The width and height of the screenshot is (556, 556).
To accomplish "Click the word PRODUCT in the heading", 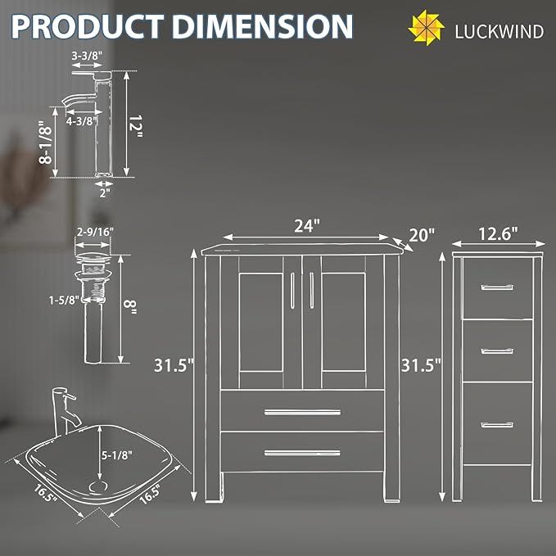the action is click(x=88, y=26).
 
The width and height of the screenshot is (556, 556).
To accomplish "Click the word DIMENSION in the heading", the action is click(x=262, y=26).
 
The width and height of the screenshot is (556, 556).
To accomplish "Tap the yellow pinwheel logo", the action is click(x=427, y=28).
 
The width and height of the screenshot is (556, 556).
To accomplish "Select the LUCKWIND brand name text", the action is click(x=499, y=32).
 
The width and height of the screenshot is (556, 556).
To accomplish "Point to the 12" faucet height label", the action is click(x=135, y=127).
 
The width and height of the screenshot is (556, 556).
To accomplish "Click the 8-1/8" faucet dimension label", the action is click(x=45, y=142).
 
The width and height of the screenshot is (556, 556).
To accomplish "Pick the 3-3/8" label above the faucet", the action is click(x=87, y=56).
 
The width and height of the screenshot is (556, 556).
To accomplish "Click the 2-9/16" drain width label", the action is click(x=95, y=232).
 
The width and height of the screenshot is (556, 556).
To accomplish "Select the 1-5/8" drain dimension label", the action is click(x=64, y=301).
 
